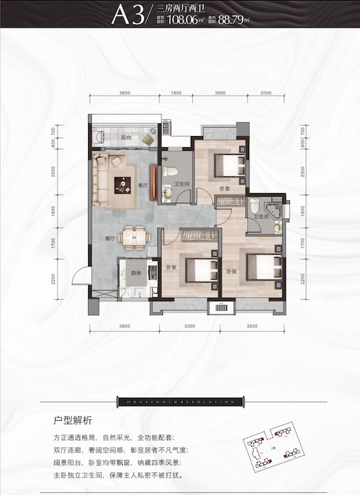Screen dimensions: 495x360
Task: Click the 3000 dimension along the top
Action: [x=220, y=93]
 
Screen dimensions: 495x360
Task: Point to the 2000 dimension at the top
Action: [x=266, y=93]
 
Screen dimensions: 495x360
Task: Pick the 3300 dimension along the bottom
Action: [x=189, y=325]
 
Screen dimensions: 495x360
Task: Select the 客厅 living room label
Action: [x=142, y=185]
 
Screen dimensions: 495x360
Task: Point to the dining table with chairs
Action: [x=132, y=237]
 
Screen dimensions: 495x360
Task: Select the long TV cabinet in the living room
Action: [x=153, y=183]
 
